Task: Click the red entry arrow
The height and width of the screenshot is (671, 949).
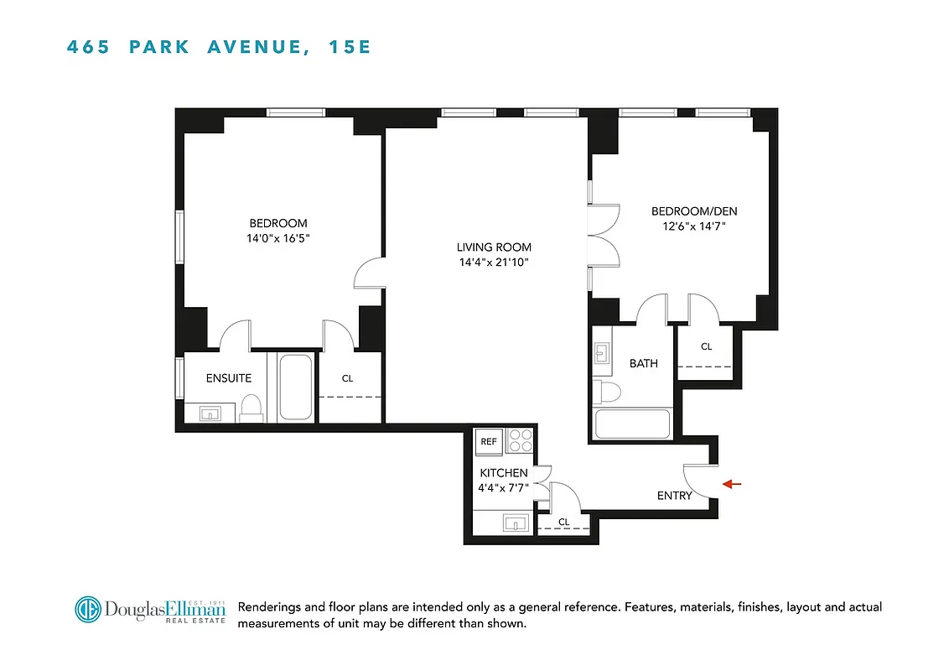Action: [x=734, y=484]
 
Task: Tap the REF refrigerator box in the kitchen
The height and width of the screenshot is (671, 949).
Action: [x=489, y=441]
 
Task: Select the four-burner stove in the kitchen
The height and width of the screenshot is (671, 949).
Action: [x=520, y=441]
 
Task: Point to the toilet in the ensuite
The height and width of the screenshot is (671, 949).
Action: [x=251, y=407]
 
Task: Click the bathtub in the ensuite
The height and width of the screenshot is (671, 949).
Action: [x=296, y=387]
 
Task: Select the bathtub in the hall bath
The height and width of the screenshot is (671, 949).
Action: [x=632, y=424]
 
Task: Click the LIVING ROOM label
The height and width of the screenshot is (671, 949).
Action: [x=494, y=247]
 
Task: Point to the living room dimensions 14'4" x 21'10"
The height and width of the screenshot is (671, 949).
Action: [x=494, y=263]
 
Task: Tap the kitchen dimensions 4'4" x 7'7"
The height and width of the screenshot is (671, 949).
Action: [x=504, y=488]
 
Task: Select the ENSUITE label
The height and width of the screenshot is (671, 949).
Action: [x=229, y=378]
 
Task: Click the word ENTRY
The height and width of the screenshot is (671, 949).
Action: [x=674, y=496]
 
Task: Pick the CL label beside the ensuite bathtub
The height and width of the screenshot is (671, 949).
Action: [x=347, y=378]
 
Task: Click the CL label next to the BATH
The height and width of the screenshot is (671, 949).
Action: [x=706, y=346]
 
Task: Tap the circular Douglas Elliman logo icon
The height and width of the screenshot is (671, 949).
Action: [x=88, y=610]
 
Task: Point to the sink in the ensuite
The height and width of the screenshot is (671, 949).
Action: [x=210, y=412]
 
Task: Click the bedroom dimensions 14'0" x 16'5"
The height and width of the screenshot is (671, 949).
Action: [x=278, y=238]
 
